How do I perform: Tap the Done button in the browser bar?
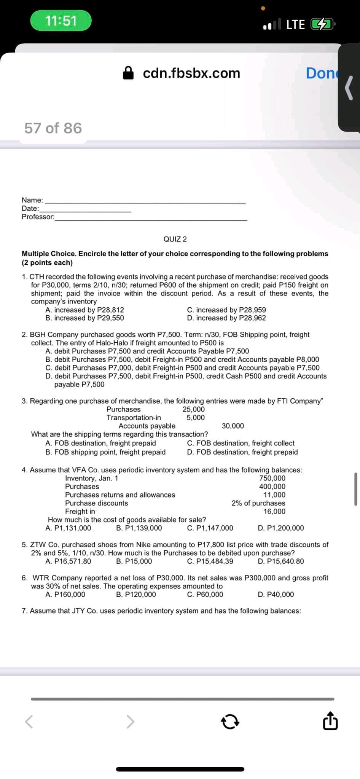321,73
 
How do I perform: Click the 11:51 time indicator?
61,21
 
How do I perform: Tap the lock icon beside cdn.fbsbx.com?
129,73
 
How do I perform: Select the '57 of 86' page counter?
53,128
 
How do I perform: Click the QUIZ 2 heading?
175,239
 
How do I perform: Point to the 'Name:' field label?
32,200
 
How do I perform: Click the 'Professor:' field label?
38,217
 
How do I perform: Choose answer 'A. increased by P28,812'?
84,310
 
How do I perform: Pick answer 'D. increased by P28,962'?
226,318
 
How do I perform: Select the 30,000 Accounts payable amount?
233,426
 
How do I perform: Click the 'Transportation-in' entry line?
134,418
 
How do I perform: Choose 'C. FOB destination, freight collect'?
241,443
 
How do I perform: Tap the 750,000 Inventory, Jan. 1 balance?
272,478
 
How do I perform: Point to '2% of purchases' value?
258,503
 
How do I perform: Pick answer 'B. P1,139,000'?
139,528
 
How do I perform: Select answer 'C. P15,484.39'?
210,561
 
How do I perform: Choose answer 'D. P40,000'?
276,595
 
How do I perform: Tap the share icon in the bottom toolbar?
330,722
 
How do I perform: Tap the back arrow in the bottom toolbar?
29,722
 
